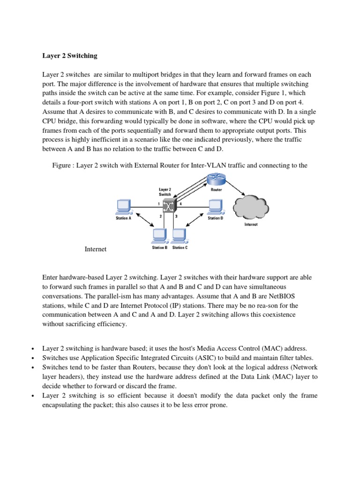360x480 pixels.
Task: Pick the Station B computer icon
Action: click(159, 236)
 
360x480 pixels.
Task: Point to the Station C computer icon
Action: click(180, 236)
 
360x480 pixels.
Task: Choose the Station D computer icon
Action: click(215, 207)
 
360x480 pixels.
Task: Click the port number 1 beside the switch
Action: click(159, 203)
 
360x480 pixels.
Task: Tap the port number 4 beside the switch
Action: click(181, 203)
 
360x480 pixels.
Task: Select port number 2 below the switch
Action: click(160, 217)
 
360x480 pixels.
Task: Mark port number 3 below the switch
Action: click(176, 217)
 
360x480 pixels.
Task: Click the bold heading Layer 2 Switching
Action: click(70, 55)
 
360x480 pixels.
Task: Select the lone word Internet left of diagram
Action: click(96, 249)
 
